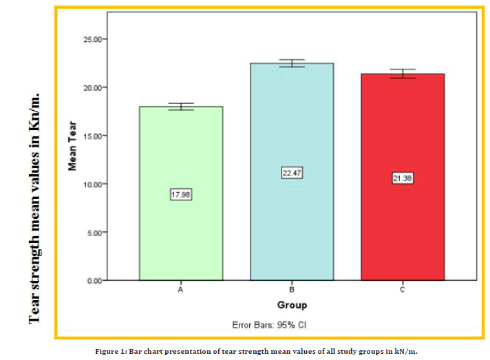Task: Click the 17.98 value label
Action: point(180,195)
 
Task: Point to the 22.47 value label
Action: point(292,173)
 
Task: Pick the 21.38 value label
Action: point(403,178)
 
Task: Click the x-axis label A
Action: point(180,290)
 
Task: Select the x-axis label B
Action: point(292,290)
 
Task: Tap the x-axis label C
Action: point(403,290)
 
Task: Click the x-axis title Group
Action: point(292,305)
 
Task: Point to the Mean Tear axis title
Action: point(72,146)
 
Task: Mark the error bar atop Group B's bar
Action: point(292,63)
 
